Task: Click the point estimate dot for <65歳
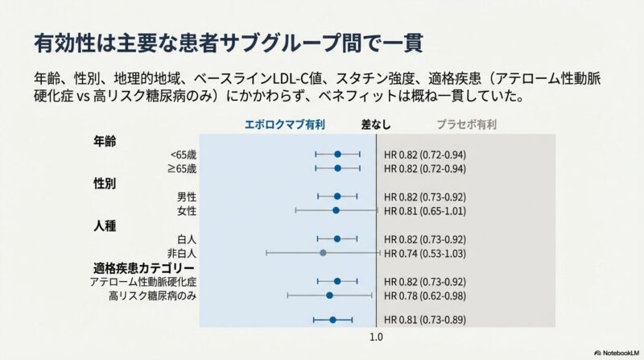tap(337, 154)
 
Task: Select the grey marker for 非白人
tap(323, 253)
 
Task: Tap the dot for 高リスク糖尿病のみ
tap(329, 296)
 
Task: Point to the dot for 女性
tap(336, 210)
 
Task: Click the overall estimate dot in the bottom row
tap(332, 320)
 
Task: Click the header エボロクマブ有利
tap(285, 126)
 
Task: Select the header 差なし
tap(375, 126)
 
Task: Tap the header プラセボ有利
tap(467, 126)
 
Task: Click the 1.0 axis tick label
tap(376, 339)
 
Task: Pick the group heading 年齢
tap(105, 140)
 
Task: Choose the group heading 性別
tap(105, 183)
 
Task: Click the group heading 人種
tap(105, 226)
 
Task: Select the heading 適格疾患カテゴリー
tap(143, 267)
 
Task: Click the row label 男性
tap(187, 197)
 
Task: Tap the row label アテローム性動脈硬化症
tap(143, 282)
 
